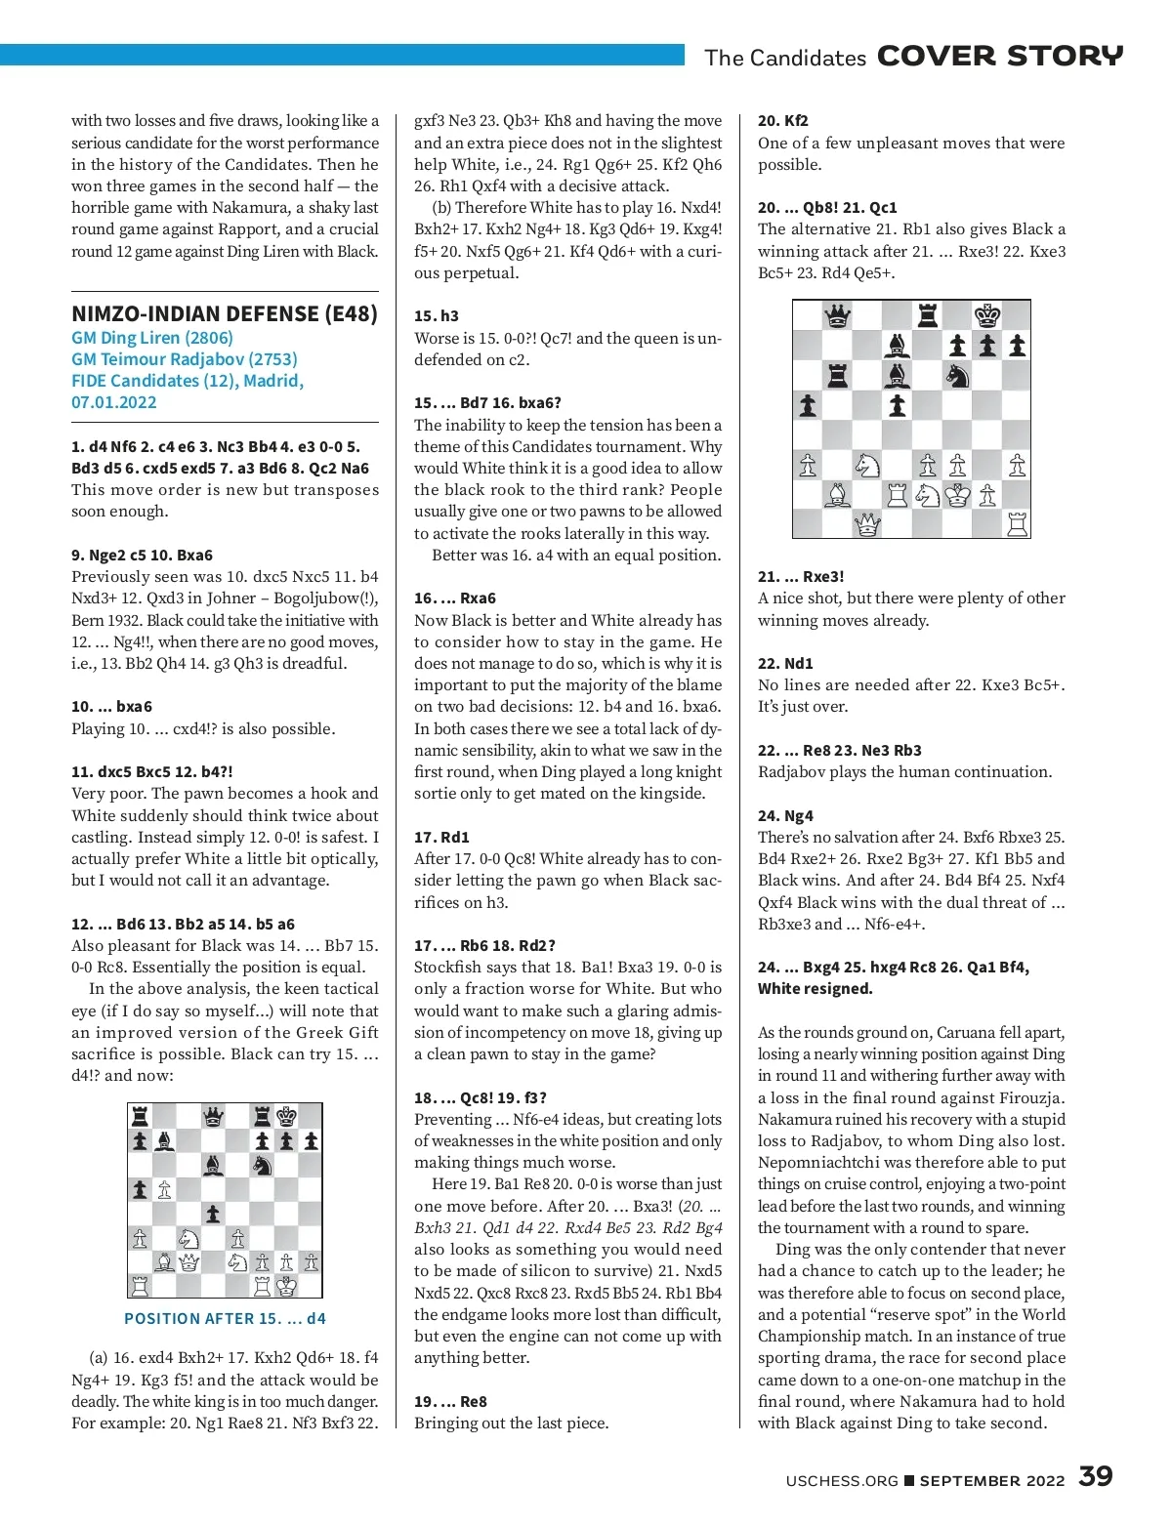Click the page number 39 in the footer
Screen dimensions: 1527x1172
[x=1095, y=1476]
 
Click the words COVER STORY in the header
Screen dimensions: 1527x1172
[x=1000, y=56]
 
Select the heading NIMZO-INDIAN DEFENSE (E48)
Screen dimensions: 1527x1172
[x=225, y=313]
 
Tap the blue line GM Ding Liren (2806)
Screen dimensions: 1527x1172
[x=152, y=338]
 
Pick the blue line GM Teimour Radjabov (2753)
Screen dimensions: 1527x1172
[x=185, y=359]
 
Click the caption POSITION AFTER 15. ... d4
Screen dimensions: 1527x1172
[x=225, y=1318]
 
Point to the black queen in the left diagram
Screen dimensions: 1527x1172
[x=213, y=1116]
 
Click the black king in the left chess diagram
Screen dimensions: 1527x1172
[x=286, y=1116]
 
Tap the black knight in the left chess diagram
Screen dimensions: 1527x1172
[x=262, y=1165]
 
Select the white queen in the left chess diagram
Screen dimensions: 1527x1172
[x=188, y=1262]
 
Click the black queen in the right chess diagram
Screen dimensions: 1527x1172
[x=837, y=315]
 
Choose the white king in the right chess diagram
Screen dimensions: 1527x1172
[x=957, y=495]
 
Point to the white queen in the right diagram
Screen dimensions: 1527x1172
[x=867, y=525]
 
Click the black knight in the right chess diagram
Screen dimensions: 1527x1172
[x=957, y=375]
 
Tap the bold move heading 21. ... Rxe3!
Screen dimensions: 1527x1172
[x=801, y=577]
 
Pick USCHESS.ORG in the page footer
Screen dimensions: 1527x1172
[x=842, y=1481]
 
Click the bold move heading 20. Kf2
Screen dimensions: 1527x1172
[x=783, y=121]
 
